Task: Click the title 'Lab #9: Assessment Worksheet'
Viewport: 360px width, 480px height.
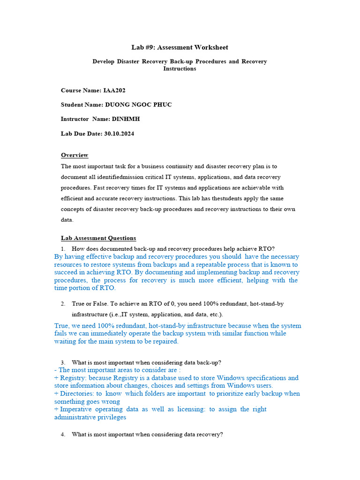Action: click(x=180, y=47)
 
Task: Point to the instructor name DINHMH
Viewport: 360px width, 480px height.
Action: click(x=126, y=119)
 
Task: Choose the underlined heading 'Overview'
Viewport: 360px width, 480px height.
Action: click(x=75, y=155)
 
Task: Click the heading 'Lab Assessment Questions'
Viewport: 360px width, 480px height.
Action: click(x=98, y=238)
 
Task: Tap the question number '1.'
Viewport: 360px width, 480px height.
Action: click(x=63, y=248)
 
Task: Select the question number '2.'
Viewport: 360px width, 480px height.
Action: click(x=63, y=304)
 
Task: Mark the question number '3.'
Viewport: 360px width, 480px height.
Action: click(x=63, y=362)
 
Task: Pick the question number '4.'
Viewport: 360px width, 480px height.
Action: click(x=63, y=435)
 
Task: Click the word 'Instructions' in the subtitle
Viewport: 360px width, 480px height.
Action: click(x=180, y=68)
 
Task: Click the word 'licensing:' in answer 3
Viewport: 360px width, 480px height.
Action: click(x=187, y=409)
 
